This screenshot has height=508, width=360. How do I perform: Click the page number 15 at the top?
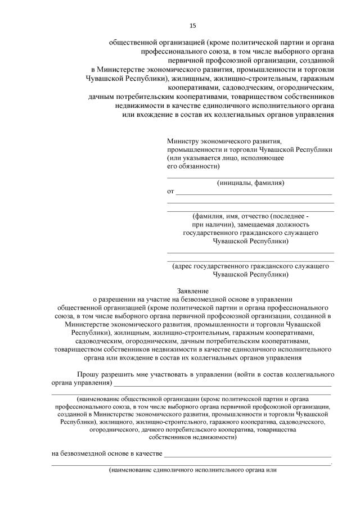pyautogui.click(x=192, y=25)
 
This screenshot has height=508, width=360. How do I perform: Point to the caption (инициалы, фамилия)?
pyautogui.click(x=250, y=183)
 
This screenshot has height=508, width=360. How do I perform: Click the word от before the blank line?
pyautogui.click(x=170, y=192)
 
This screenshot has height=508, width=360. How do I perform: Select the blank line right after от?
pyautogui.click(x=254, y=193)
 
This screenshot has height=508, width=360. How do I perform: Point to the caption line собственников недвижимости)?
pyautogui.click(x=192, y=437)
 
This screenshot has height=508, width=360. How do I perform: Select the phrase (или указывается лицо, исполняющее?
pyautogui.click(x=225, y=158)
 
